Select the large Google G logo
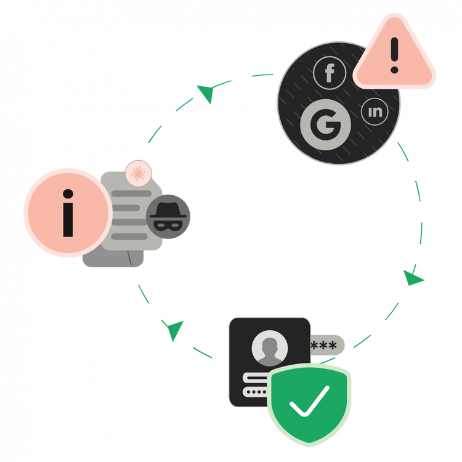point(325,126)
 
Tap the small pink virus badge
point(136,173)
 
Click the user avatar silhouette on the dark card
point(269,348)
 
